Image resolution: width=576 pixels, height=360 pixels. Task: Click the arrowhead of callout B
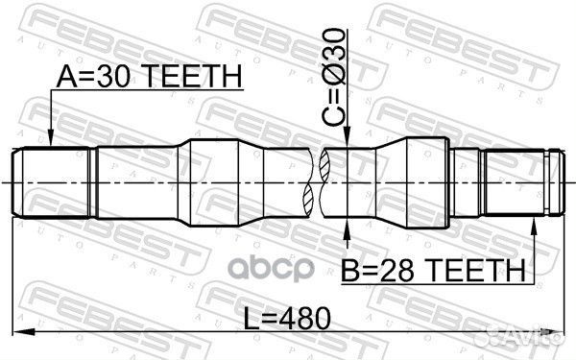(534, 223)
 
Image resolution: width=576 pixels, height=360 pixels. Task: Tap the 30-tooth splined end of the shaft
(53, 181)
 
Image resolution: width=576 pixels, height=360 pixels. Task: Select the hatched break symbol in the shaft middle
(318, 181)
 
